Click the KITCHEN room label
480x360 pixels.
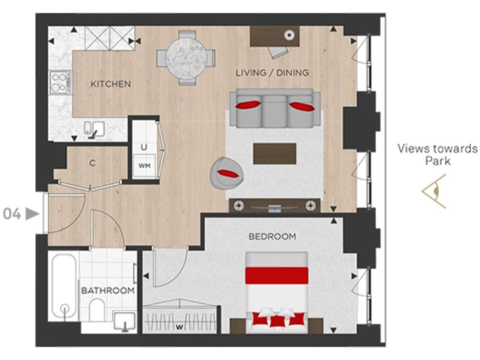[110, 84]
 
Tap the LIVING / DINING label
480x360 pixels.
[272, 72]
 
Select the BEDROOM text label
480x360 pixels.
[272, 237]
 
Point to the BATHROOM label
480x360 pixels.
[107, 291]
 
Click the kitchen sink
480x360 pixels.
[93, 129]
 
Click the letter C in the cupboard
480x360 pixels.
[92, 164]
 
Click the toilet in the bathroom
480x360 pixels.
[97, 308]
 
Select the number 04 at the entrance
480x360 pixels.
[12, 214]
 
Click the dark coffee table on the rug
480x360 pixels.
[274, 152]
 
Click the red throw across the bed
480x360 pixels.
[276, 275]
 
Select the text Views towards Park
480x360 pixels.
[437, 154]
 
